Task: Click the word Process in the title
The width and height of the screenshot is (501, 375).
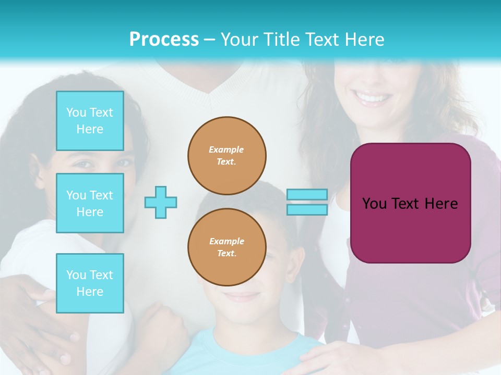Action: pyautogui.click(x=164, y=40)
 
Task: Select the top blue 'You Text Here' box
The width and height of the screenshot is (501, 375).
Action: pyautogui.click(x=90, y=121)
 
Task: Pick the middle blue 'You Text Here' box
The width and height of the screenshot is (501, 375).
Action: pyautogui.click(x=90, y=203)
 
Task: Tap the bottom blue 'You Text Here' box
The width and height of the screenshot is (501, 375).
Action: pyautogui.click(x=90, y=283)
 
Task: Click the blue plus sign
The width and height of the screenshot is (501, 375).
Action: pyautogui.click(x=161, y=202)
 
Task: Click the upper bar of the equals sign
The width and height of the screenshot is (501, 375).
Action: pyautogui.click(x=307, y=194)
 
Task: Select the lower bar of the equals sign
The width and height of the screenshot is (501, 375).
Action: pyautogui.click(x=307, y=209)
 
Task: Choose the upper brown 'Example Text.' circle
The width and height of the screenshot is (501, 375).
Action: pyautogui.click(x=227, y=156)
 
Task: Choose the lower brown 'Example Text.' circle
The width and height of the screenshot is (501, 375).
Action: pyautogui.click(x=227, y=247)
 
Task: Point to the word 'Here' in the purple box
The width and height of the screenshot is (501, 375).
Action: pyautogui.click(x=441, y=204)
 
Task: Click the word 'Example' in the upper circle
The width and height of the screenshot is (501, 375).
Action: pyautogui.click(x=226, y=149)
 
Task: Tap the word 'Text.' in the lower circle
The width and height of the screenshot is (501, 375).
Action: pyautogui.click(x=226, y=254)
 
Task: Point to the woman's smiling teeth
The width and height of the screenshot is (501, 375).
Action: pyautogui.click(x=373, y=98)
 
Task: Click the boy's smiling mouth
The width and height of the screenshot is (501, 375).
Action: pyautogui.click(x=241, y=297)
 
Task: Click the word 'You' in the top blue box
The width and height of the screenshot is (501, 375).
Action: pyautogui.click(x=76, y=113)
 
